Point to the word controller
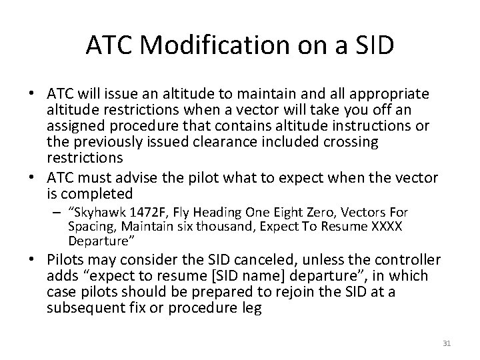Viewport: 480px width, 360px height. (399, 259)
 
